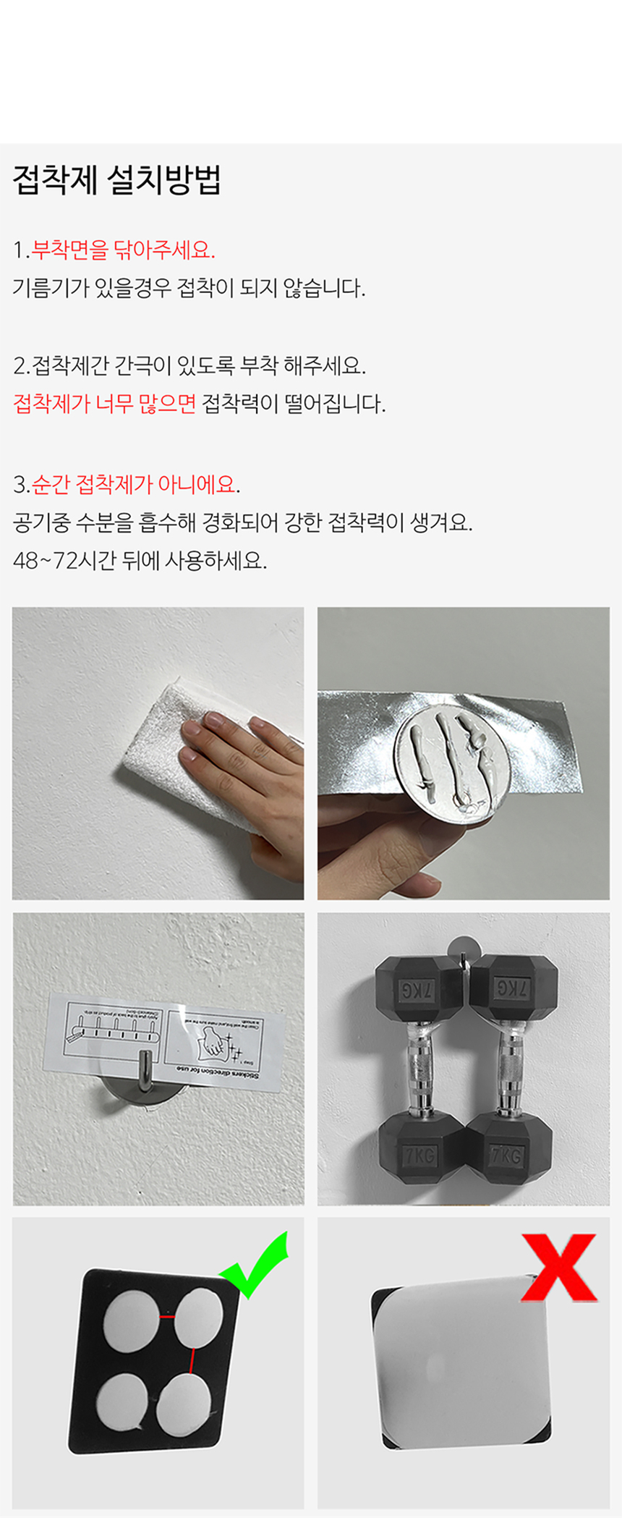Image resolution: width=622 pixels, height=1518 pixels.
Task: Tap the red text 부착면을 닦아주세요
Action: [123, 250]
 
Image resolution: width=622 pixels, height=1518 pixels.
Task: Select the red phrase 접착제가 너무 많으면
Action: [105, 403]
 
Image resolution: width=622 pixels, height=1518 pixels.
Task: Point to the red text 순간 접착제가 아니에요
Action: [135, 484]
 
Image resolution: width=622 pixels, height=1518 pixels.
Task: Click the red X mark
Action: [559, 1268]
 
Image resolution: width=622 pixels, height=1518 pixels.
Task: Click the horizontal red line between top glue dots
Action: [167, 1316]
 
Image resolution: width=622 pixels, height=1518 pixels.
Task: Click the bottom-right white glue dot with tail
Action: [183, 1402]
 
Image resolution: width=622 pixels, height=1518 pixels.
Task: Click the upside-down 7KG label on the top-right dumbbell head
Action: [512, 988]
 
